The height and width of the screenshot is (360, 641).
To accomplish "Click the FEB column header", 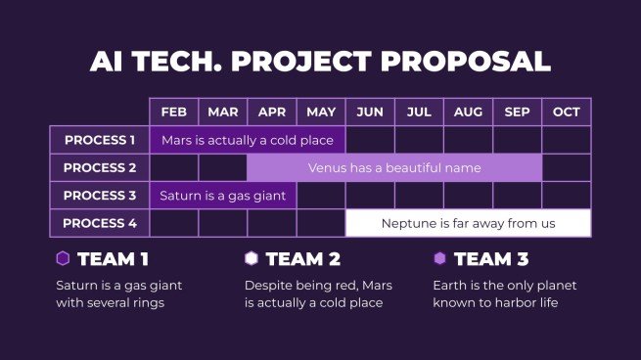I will (174, 112).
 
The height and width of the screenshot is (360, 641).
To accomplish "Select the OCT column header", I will (567, 112).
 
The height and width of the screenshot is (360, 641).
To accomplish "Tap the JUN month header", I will (370, 112).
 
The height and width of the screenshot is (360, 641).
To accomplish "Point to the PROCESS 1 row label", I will (100, 140).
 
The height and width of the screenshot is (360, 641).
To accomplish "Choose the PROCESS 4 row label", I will (100, 223).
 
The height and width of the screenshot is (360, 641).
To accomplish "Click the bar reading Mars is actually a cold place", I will (248, 140).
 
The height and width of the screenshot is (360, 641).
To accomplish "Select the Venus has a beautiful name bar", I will (394, 167).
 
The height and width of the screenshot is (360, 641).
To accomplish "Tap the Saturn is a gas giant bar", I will (223, 196).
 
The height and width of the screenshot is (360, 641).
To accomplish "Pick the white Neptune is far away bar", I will (468, 223).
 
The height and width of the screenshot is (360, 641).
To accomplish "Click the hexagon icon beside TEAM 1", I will (63, 258).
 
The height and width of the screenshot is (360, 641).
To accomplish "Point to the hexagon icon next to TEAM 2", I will (252, 258).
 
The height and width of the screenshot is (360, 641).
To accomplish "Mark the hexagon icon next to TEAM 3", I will (440, 258).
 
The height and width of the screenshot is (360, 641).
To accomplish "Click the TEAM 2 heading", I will (302, 259).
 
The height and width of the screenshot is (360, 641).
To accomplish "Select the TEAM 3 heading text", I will (491, 259).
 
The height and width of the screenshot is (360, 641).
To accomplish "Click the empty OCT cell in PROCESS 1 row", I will (567, 140).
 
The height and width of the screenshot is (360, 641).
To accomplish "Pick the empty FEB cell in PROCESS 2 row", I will (174, 167).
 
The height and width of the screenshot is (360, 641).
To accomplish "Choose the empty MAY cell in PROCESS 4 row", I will (321, 223).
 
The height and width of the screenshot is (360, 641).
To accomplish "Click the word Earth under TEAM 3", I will (450, 286).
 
